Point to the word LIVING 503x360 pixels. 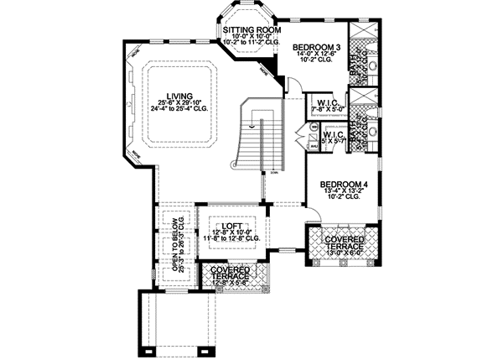tap(179, 96)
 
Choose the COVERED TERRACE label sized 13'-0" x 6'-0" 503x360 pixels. tap(341, 244)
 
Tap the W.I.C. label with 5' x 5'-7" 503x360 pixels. tap(335, 133)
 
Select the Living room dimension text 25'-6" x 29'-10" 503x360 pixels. tap(179, 105)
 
